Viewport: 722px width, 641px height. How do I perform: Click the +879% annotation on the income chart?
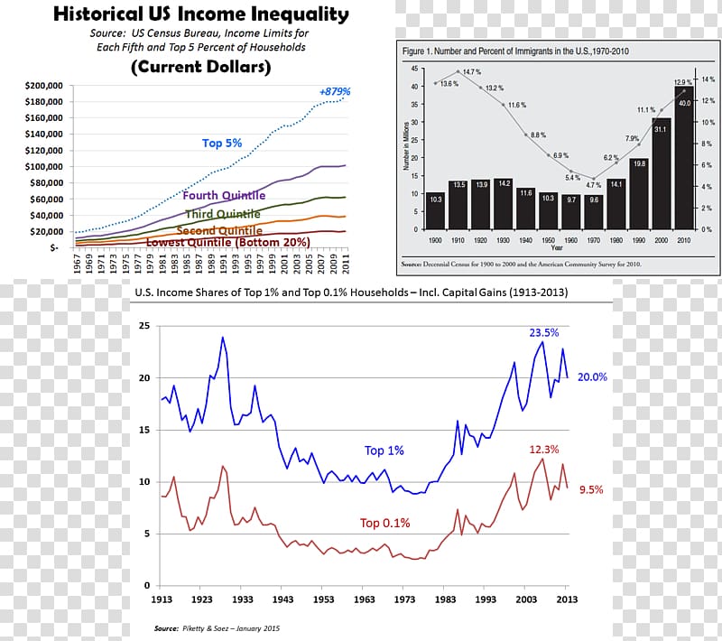click(x=334, y=92)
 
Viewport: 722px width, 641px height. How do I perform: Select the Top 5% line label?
click(x=221, y=143)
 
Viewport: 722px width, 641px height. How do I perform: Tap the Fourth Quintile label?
click(x=224, y=195)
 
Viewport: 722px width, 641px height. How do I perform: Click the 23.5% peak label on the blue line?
click(x=544, y=332)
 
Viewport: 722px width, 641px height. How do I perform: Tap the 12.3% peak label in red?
click(x=543, y=449)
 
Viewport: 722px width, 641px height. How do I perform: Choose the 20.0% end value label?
click(x=593, y=377)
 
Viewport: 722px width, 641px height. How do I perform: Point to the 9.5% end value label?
click(x=591, y=490)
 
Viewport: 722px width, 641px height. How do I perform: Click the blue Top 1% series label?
click(x=384, y=451)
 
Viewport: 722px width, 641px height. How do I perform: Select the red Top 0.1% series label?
click(x=384, y=523)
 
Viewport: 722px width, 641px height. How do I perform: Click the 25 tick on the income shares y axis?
click(x=143, y=326)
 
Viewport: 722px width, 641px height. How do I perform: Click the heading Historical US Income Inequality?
click(x=200, y=14)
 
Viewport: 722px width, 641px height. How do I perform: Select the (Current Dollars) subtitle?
click(x=200, y=68)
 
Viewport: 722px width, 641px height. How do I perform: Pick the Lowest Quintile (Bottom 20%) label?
click(x=227, y=243)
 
